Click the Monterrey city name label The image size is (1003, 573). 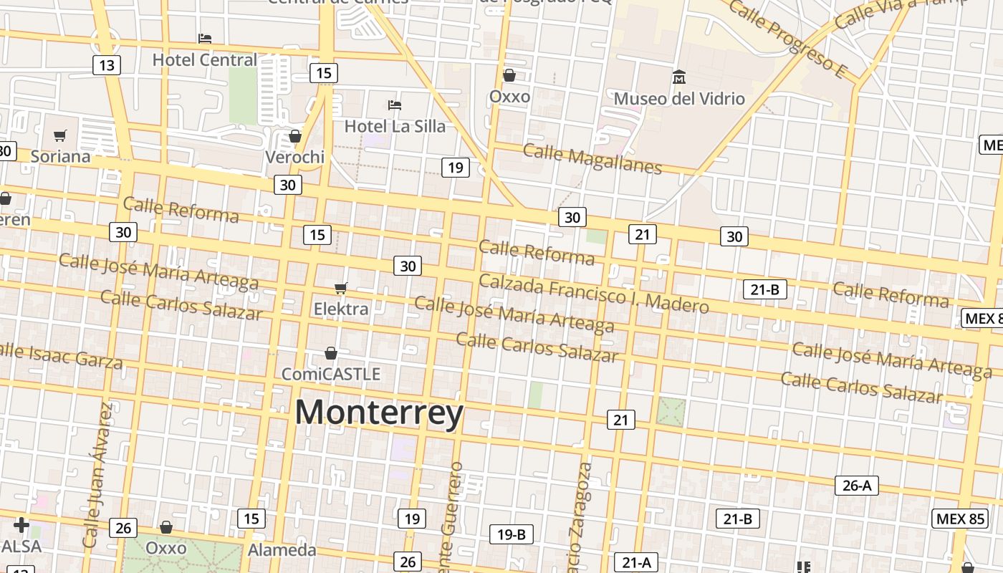click(379, 413)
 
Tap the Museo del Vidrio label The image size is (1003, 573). click(679, 98)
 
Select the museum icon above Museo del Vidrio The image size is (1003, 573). click(678, 76)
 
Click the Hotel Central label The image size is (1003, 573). click(204, 60)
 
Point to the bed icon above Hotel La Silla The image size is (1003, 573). click(395, 105)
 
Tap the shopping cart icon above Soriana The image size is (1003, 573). click(60, 135)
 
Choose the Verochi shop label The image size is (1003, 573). click(294, 157)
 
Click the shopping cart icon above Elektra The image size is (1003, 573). click(341, 288)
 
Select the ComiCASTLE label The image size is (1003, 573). click(330, 374)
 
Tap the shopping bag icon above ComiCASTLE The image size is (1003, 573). click(331, 353)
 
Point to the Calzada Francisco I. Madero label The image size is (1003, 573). click(593, 294)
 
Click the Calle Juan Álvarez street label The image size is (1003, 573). click(98, 474)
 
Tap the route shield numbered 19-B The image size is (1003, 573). click(512, 534)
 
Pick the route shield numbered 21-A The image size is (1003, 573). click(636, 563)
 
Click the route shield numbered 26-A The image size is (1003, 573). click(857, 486)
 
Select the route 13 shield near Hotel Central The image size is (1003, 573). click(106, 66)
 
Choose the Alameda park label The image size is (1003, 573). click(282, 550)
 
